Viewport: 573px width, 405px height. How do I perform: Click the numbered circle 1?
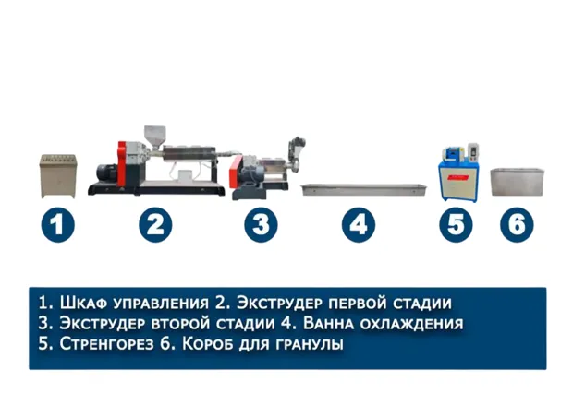tap(57, 225)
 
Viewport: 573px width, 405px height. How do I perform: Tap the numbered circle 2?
tap(155, 225)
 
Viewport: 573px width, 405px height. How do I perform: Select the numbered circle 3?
tap(261, 225)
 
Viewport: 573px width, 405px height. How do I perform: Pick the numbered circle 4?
tap(359, 225)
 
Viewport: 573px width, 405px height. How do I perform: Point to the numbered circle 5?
tap(456, 225)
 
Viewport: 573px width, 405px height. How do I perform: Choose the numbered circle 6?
tap(518, 225)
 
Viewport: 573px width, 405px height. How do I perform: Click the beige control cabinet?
tap(58, 176)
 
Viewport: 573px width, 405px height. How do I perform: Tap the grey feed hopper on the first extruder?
tap(155, 137)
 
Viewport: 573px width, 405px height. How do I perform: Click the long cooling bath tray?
tap(364, 190)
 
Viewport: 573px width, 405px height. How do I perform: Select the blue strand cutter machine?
tap(458, 173)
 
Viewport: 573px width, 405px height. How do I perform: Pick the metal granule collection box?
tap(518, 182)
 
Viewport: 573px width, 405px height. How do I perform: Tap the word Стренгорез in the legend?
tap(106, 344)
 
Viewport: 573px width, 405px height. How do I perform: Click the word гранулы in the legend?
tap(310, 345)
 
